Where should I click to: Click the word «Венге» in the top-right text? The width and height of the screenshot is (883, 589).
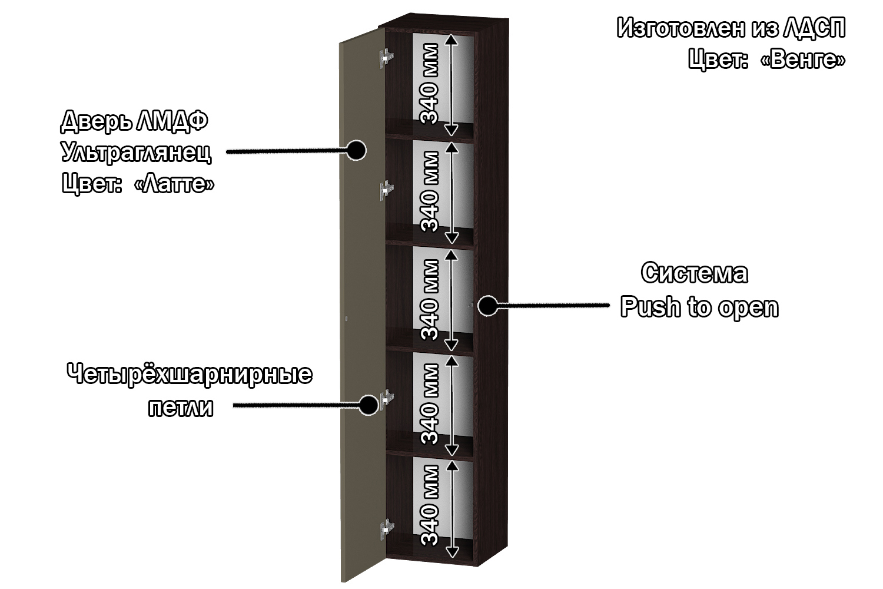point(803,59)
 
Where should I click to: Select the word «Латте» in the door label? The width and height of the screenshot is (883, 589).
point(174,184)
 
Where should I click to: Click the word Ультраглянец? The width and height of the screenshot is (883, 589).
point(136,153)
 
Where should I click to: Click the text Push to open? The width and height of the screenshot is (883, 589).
point(699,307)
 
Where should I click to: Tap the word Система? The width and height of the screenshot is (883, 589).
point(695,273)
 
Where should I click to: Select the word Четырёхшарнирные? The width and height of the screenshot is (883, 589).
point(189,374)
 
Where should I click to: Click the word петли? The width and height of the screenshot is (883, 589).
point(180,407)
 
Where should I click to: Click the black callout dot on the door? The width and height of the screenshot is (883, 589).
point(356,150)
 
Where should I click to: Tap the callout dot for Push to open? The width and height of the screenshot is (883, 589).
point(487,305)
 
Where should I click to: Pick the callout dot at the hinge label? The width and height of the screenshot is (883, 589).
point(369,405)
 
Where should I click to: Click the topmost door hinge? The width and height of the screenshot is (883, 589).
point(386,58)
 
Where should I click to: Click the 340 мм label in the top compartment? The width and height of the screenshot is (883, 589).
point(429,84)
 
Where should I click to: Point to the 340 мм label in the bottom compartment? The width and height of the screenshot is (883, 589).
point(430,505)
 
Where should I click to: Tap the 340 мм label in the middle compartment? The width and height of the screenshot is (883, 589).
point(430,300)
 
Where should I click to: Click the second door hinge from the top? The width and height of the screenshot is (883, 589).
point(386,190)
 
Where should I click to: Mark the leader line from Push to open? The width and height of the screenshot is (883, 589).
point(553,305)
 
